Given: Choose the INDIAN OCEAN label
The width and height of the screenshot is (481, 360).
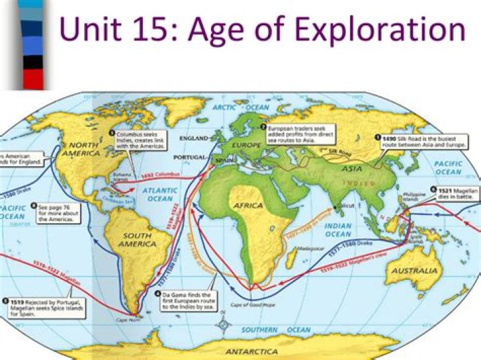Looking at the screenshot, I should tap(338, 230).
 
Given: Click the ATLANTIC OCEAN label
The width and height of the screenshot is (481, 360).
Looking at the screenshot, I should tap(160, 194).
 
